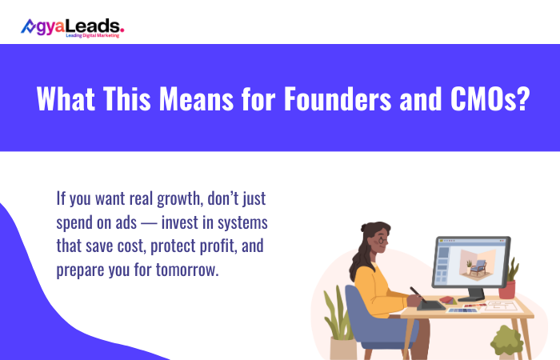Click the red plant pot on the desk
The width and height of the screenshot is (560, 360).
tap(506, 290)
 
